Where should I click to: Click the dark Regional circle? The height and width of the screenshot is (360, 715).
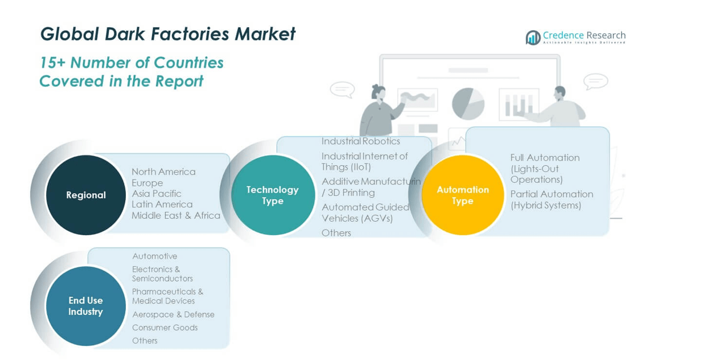click(86, 195)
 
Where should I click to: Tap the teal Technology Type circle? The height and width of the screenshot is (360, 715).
click(273, 195)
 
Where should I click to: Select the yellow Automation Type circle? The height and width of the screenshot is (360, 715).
click(463, 195)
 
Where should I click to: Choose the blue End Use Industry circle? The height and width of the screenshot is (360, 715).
click(86, 306)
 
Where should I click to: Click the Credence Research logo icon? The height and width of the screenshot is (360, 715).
click(533, 38)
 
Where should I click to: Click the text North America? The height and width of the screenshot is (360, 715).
click(163, 171)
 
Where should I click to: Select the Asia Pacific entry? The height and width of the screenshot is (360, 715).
click(157, 194)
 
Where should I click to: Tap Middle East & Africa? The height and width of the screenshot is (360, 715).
click(176, 215)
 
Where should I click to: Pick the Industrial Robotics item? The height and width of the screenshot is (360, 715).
click(361, 141)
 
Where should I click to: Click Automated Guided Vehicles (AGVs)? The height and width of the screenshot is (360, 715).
click(365, 212)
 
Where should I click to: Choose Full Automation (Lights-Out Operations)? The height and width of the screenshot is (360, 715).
click(544, 169)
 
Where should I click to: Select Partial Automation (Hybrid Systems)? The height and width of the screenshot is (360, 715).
click(551, 199)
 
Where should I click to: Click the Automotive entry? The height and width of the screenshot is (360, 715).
click(154, 256)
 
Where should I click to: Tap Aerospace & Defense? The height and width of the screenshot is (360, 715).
click(173, 314)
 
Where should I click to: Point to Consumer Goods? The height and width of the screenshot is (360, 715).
click(165, 328)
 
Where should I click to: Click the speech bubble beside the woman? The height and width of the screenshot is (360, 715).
click(342, 89)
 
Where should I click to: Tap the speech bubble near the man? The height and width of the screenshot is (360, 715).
click(595, 81)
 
